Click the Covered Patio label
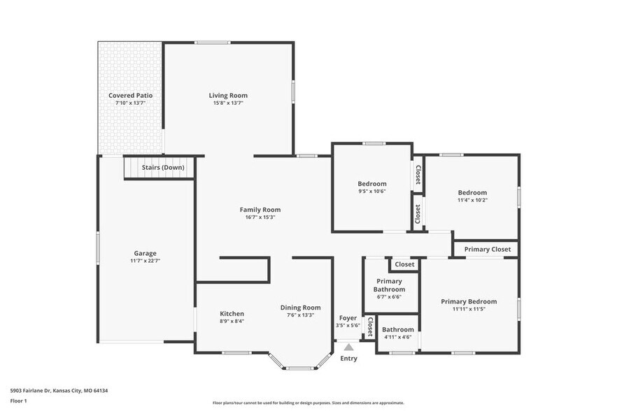pos(130,95)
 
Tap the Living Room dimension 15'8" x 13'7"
pos(228,103)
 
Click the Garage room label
pos(145,253)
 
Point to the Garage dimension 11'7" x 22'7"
pos(145,261)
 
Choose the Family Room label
pos(260,209)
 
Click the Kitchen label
pos(232,313)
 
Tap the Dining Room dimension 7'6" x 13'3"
pos(301,315)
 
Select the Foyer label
pos(348,318)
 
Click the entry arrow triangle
pos(348,346)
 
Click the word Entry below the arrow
pos(348,359)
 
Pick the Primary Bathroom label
pos(389,285)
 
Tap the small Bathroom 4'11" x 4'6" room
pos(397,333)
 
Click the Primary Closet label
pos(487,249)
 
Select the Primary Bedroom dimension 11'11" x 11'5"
pos(469,309)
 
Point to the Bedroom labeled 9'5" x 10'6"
pos(371,187)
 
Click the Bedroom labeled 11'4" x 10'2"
pos(472,196)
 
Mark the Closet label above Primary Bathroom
pos(404,264)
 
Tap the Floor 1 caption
pos(18,401)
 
